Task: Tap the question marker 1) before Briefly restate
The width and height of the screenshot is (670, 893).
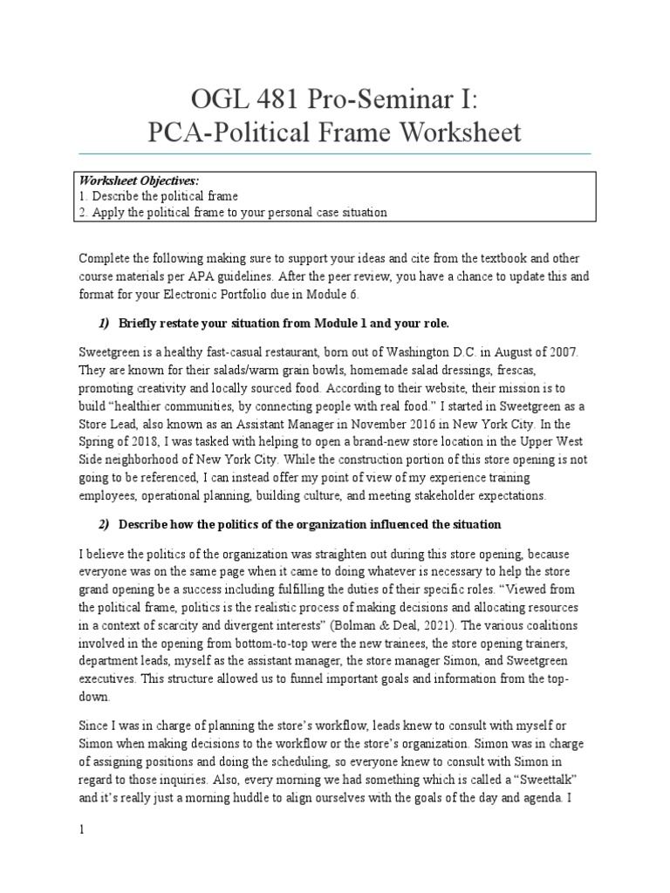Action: [x=104, y=324]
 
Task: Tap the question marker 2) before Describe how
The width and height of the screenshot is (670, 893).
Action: [x=104, y=523]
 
